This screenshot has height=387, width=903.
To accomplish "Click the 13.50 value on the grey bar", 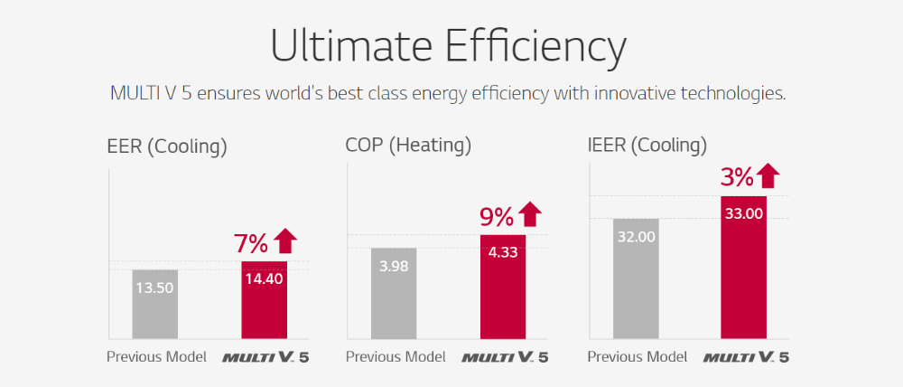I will pyautogui.click(x=155, y=288).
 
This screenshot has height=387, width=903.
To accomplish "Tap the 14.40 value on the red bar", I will pyautogui.click(x=264, y=278).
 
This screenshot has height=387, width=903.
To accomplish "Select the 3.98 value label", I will pyautogui.click(x=394, y=267).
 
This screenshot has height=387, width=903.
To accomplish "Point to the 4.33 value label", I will pyautogui.click(x=503, y=253).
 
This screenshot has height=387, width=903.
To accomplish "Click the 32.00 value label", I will pyautogui.click(x=636, y=237).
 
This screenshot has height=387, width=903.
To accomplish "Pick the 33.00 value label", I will pyautogui.click(x=744, y=214).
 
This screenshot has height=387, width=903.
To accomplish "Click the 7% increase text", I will pyautogui.click(x=251, y=243).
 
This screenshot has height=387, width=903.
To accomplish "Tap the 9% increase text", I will pyautogui.click(x=496, y=216).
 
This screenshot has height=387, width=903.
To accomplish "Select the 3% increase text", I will pyautogui.click(x=738, y=177).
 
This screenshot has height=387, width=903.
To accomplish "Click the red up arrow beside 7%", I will pyautogui.click(x=285, y=241).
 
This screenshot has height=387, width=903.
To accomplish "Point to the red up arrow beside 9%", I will pyautogui.click(x=530, y=214).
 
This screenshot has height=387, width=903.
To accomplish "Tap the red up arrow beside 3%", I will pyautogui.click(x=768, y=175).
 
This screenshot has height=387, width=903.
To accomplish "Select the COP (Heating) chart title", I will pyautogui.click(x=408, y=146).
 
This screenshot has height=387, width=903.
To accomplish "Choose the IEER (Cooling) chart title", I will pyautogui.click(x=647, y=146).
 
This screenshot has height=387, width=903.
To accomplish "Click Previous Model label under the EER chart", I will pyautogui.click(x=156, y=356).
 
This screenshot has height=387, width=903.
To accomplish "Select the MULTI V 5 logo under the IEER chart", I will pyautogui.click(x=746, y=357).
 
